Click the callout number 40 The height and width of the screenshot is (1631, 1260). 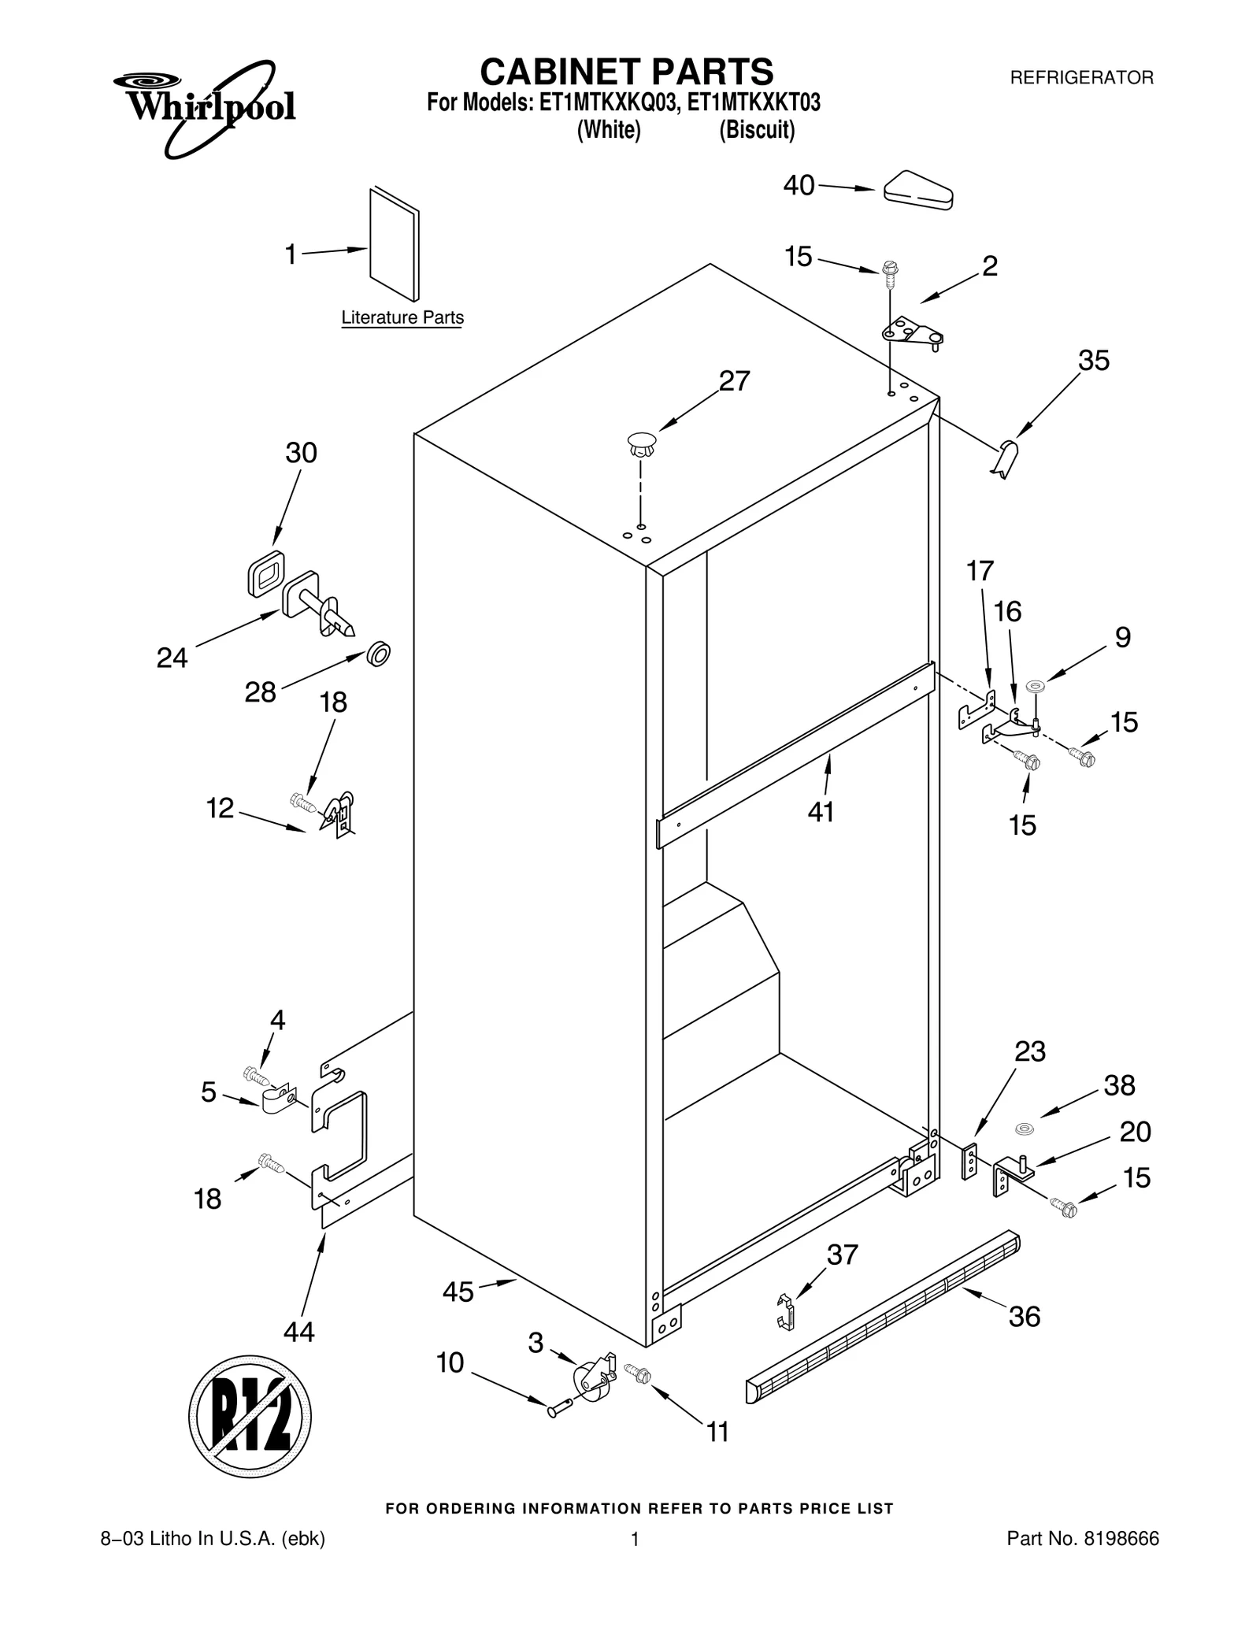(799, 186)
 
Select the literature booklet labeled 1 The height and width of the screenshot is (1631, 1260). (394, 244)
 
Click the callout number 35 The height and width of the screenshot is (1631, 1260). (1093, 361)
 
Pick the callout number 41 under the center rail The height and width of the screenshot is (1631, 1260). (821, 812)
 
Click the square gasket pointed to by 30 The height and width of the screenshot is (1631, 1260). (265, 573)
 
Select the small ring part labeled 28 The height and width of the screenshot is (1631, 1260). (380, 654)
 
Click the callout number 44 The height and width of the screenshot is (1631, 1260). (299, 1332)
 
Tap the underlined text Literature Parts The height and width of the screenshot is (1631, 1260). (402, 318)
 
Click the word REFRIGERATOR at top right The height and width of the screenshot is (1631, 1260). (1081, 78)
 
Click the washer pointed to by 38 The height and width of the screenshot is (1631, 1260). (1024, 1130)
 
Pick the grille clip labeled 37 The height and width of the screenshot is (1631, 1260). (785, 1312)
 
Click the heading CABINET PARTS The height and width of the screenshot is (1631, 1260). (627, 72)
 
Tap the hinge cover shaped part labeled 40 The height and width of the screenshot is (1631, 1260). (918, 191)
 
